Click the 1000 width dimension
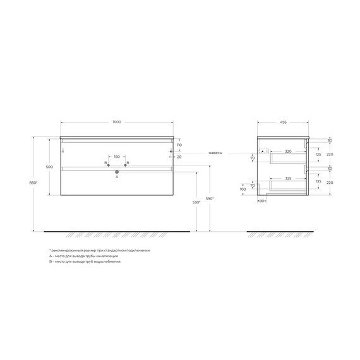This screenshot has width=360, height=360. point(117,122)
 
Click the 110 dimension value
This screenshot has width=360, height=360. point(179,145)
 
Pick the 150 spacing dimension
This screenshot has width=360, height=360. point(117,157)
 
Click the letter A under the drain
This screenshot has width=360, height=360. point(117,177)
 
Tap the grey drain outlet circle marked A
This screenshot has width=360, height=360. point(117,171)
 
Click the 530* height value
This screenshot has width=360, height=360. point(196,202)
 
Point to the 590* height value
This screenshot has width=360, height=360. point(210,200)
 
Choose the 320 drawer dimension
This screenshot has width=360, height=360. point(288,152)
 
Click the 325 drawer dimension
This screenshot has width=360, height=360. point(288,179)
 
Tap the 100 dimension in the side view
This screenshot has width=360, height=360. point(243,189)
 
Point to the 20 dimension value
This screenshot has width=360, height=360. point(179,157)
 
